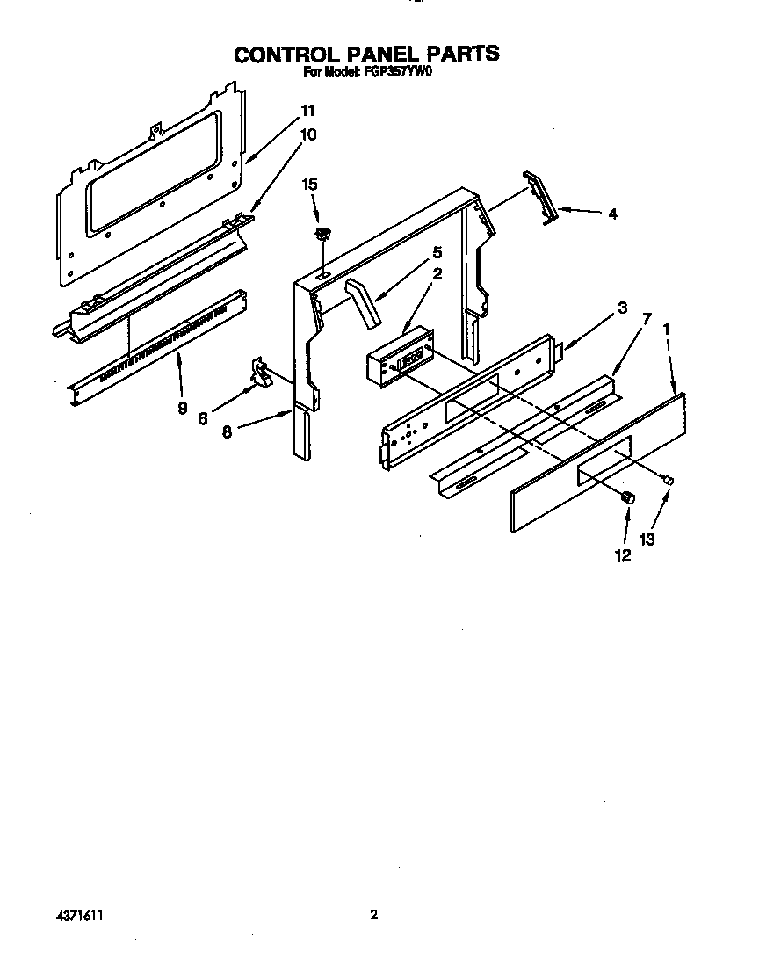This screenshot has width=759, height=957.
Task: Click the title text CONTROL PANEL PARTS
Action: point(366,54)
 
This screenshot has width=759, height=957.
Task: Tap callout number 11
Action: point(307,111)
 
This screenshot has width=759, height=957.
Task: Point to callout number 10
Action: point(307,134)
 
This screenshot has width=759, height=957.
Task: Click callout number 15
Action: point(309,185)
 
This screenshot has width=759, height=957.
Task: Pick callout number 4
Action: point(611,214)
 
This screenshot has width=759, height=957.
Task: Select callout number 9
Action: point(183,408)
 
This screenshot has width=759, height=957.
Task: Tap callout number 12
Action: point(622,555)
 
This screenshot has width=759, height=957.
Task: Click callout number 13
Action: point(647,540)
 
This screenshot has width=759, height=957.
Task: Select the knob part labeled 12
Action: point(628,497)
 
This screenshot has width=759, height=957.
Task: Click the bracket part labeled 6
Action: point(260,373)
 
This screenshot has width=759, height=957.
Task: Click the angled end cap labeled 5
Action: point(364,303)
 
